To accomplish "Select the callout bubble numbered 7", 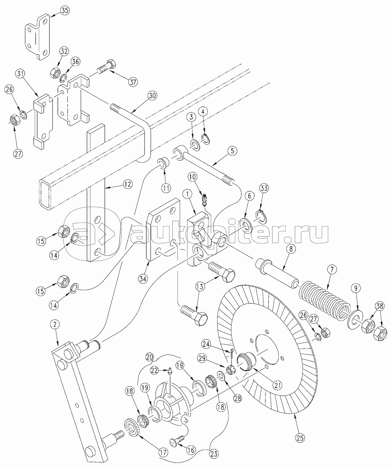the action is tap(332, 270).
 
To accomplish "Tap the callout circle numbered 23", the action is tap(214, 454).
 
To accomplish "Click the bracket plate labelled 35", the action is tap(37, 37).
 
